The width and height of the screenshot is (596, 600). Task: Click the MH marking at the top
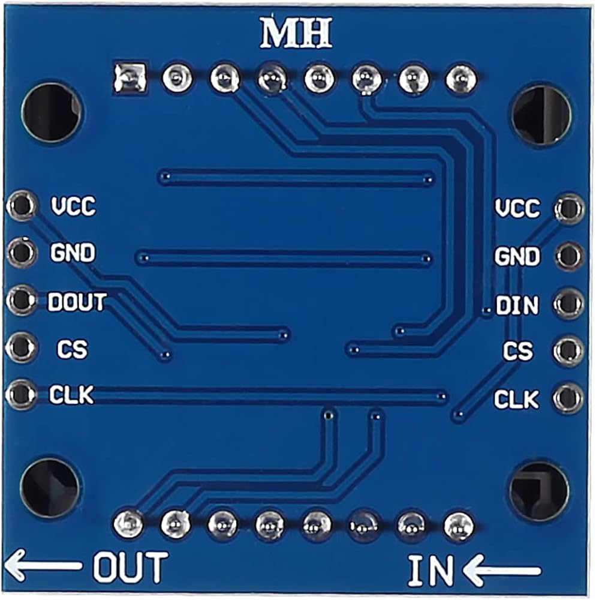click(296, 35)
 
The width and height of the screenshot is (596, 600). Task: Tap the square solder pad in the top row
click(130, 78)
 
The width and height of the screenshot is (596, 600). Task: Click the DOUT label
click(77, 302)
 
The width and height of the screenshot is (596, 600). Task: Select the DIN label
click(517, 307)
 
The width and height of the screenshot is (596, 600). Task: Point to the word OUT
click(130, 567)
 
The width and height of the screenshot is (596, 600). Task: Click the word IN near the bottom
click(431, 570)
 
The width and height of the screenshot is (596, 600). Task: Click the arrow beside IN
click(502, 570)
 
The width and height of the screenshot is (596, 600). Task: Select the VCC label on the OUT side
click(73, 207)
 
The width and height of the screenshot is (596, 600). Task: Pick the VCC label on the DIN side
click(517, 209)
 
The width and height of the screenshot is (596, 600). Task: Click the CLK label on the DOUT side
click(71, 395)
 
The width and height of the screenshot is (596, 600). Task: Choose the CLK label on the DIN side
click(516, 399)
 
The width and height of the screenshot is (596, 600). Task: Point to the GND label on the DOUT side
click(73, 253)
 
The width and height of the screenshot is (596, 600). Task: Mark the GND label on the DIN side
click(516, 257)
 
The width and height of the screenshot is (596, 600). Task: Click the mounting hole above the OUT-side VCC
click(52, 112)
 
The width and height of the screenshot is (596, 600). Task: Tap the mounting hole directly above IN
click(538, 490)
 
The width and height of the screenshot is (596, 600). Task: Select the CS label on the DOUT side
click(73, 349)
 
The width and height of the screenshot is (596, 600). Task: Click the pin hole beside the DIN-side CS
click(568, 350)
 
